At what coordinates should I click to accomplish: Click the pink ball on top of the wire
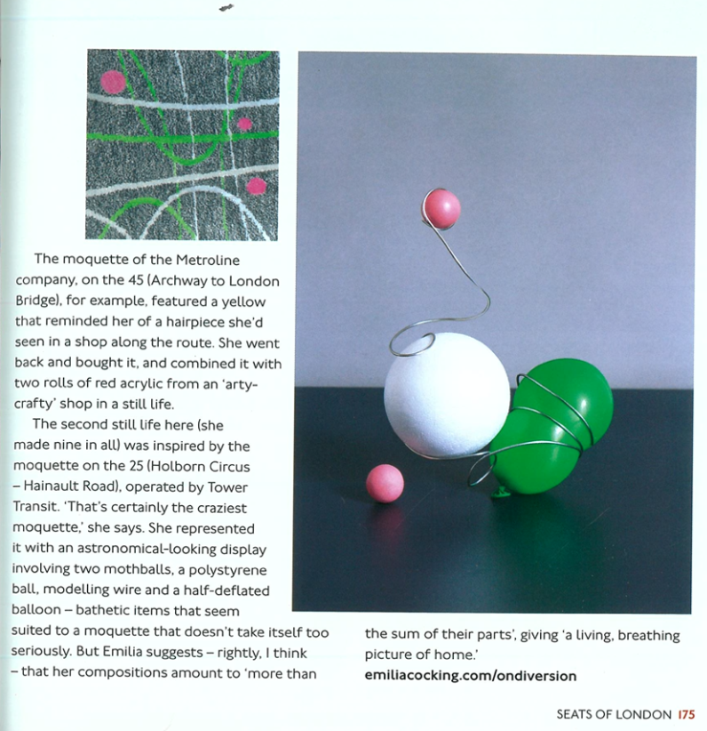441,209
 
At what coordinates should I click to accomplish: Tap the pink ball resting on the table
385,483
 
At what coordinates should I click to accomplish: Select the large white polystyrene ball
447,394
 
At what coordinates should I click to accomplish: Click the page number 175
685,713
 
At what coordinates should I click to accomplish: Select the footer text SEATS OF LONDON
614,713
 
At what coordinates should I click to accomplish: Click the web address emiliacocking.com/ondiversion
471,675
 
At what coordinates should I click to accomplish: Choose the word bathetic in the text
115,611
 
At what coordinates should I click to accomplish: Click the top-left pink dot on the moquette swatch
113,82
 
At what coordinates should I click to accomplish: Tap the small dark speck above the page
226,8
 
